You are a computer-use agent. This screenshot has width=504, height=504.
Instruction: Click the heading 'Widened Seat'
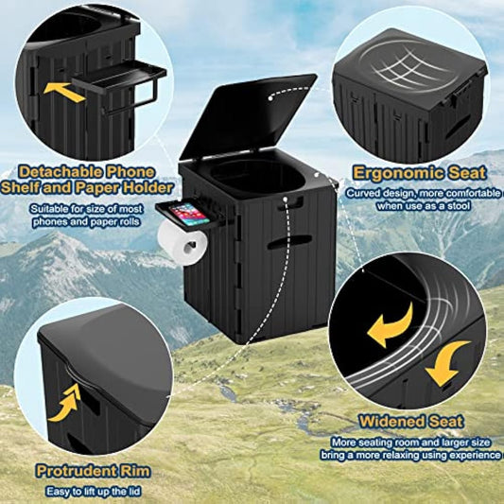coord(410,421)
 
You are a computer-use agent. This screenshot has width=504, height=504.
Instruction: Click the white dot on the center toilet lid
coord(271,94)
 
